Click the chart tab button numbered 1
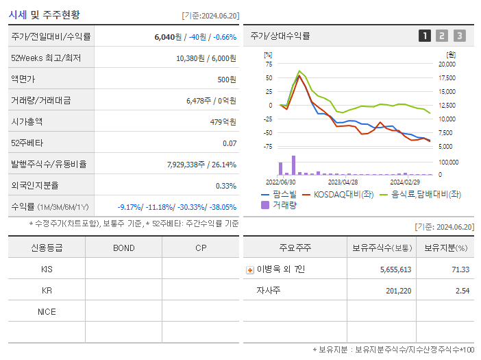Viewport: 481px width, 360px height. pos(425,36)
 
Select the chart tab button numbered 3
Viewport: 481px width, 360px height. pos(459,36)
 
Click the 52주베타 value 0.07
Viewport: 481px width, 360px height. pos(230,143)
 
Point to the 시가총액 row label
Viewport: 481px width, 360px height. pos(27,121)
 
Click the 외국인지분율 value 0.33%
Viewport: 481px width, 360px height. pos(225,185)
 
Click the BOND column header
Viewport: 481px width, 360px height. pos(123,248)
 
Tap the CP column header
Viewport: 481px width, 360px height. pos(201,248)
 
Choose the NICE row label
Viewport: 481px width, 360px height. pos(47,312)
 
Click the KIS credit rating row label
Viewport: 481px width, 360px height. pos(47,269)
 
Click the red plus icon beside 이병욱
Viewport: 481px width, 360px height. pos(249,269)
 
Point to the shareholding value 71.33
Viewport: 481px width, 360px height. pos(460,269)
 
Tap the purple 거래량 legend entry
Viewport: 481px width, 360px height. pos(281,204)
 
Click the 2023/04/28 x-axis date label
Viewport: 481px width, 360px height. pos(343,182)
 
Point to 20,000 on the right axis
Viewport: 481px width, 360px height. pos(447,64)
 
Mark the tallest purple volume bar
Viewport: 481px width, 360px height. pos(293,165)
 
